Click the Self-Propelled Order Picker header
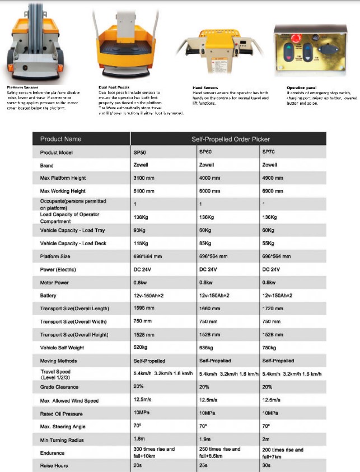(x=228, y=139)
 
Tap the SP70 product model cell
(x=269, y=152)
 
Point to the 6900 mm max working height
(x=274, y=191)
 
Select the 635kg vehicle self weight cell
(x=207, y=347)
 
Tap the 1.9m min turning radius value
(x=205, y=440)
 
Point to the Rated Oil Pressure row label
(x=62, y=414)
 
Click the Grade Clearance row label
(x=59, y=387)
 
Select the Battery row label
(x=48, y=296)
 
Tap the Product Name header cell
(x=60, y=139)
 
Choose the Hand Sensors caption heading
(x=205, y=87)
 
